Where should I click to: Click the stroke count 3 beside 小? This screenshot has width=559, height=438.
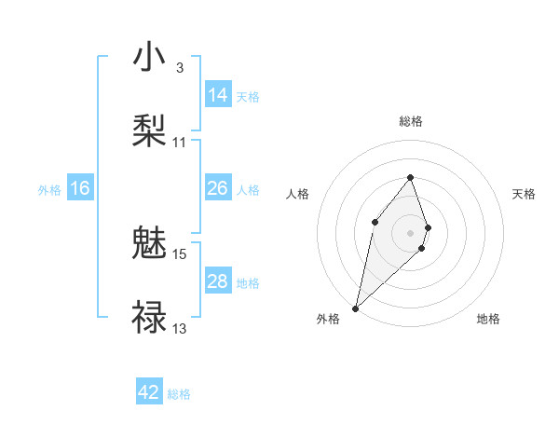179,68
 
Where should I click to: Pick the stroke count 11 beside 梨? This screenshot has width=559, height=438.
180,143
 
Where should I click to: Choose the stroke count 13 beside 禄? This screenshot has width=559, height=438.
180,328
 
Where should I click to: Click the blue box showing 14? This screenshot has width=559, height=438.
218,95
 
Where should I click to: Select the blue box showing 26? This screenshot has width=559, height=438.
218,188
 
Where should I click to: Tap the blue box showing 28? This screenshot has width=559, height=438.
218,281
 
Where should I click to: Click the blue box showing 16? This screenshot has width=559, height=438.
80,188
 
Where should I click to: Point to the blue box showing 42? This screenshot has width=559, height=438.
149,392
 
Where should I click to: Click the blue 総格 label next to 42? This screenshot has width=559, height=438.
179,394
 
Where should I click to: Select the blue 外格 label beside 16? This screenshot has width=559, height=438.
49,190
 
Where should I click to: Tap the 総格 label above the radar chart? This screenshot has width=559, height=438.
411,121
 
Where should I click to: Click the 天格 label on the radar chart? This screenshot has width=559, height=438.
524,194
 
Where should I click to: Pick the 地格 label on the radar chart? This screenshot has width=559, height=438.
488,319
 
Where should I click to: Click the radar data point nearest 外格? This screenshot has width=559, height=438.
356,308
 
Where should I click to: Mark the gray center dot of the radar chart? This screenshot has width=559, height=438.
411,232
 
